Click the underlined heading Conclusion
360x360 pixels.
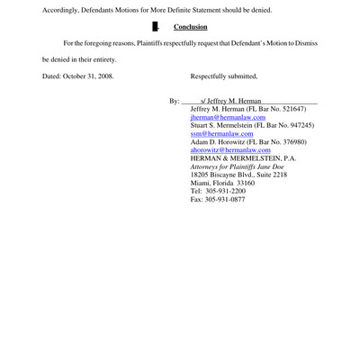pos(190,27)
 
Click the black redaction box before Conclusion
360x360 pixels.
pos(156,27)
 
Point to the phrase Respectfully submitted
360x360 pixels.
pos(224,76)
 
